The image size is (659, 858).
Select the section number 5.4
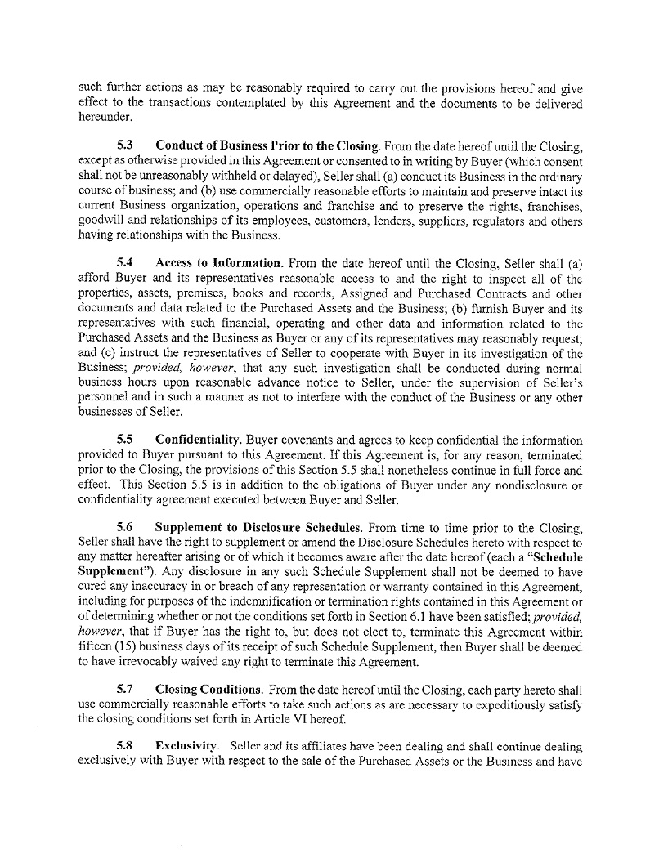point(125,262)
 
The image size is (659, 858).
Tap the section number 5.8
point(125,746)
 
